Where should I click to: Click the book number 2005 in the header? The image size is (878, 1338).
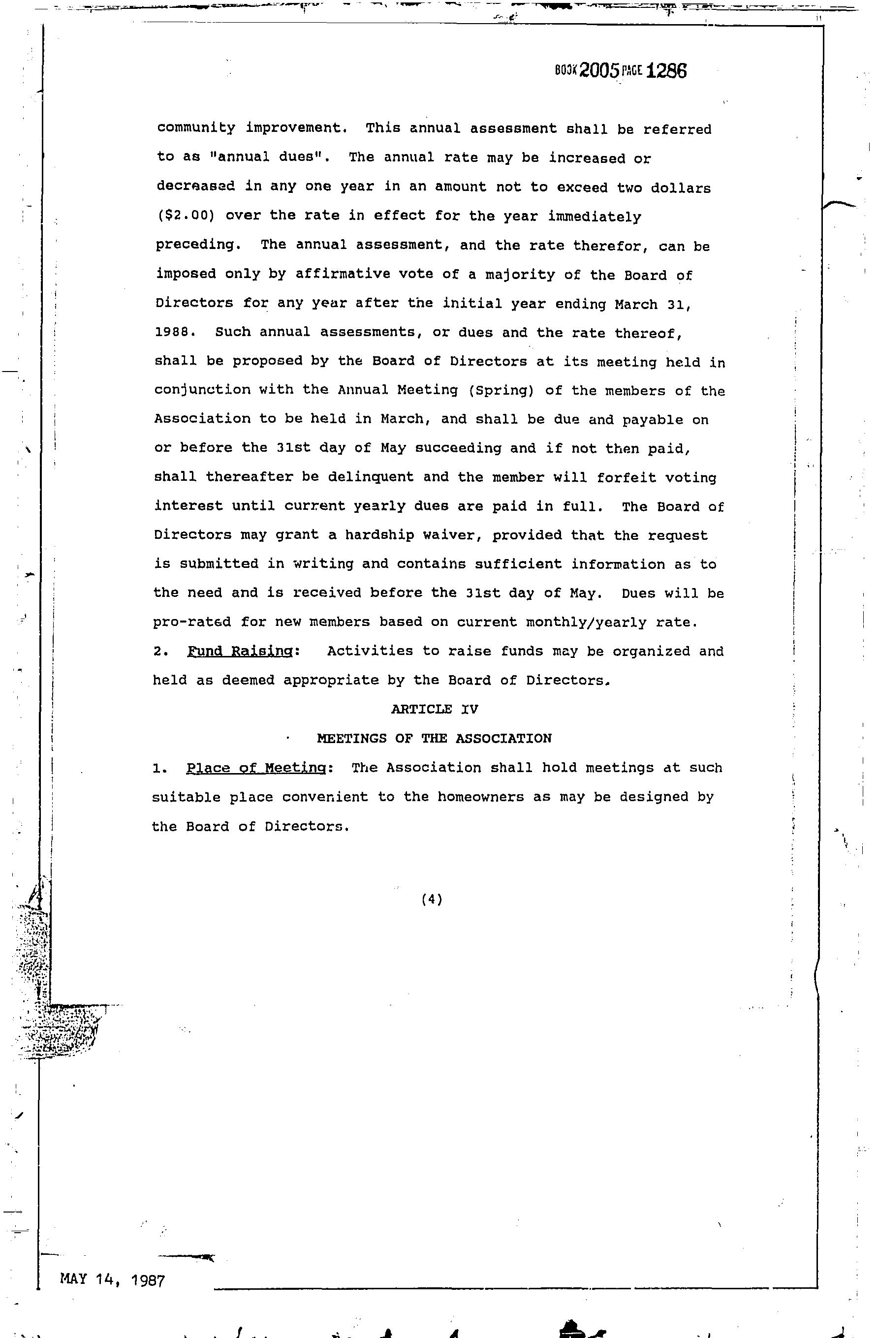click(x=599, y=71)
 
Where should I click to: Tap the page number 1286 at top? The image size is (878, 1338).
click(x=667, y=71)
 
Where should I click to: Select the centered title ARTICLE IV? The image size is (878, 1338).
click(x=435, y=709)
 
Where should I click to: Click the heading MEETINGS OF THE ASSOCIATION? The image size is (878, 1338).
click(x=435, y=738)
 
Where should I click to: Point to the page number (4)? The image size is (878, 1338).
click(x=432, y=899)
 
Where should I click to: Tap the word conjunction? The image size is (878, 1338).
click(x=202, y=390)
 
